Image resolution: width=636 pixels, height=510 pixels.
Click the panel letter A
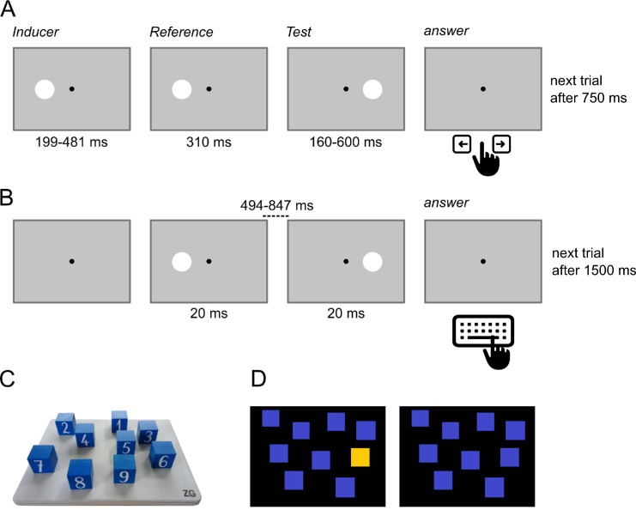point(8,11)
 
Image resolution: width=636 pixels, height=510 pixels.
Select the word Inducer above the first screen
point(33,33)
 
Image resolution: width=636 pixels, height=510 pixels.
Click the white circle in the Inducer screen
point(45,88)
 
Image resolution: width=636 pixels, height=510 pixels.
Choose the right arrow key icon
point(501,143)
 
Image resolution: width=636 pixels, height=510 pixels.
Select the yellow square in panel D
point(361,458)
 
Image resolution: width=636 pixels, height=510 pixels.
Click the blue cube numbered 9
point(124,471)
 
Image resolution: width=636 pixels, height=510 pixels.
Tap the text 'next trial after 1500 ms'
point(592,262)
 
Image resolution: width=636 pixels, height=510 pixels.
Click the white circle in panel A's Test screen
point(373,88)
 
